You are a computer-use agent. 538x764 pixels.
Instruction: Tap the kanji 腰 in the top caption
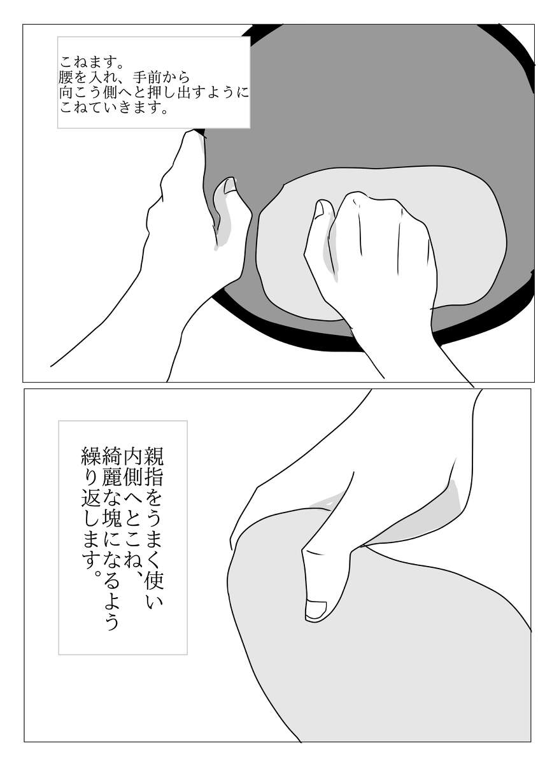pos(66,78)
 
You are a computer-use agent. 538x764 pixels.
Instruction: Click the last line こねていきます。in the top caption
pos(115,108)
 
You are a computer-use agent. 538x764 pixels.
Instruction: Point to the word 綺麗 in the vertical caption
pos(111,466)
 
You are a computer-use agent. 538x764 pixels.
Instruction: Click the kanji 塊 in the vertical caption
pos(111,525)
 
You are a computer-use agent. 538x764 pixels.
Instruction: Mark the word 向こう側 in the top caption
pos(88,93)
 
